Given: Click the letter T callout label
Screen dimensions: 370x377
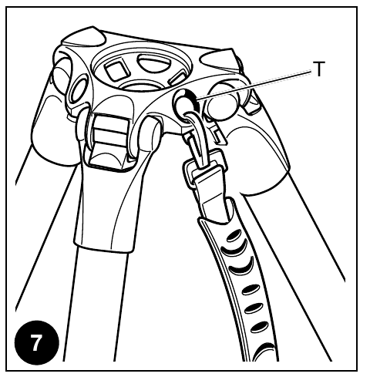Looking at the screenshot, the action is pos(319,69).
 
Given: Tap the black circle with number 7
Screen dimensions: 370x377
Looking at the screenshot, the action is pos(37,342).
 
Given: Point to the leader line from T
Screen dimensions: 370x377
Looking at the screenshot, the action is pos(254,85).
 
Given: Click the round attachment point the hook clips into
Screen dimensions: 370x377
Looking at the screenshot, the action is pos(185,103).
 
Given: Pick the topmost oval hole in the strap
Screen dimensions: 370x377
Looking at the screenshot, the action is pos(234,236).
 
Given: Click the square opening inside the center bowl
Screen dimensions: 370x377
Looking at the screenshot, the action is pos(117,69).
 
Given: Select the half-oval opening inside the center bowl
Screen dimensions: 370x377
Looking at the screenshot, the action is pos(154,62).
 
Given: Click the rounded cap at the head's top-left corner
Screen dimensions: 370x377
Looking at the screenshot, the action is pos(83,36).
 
